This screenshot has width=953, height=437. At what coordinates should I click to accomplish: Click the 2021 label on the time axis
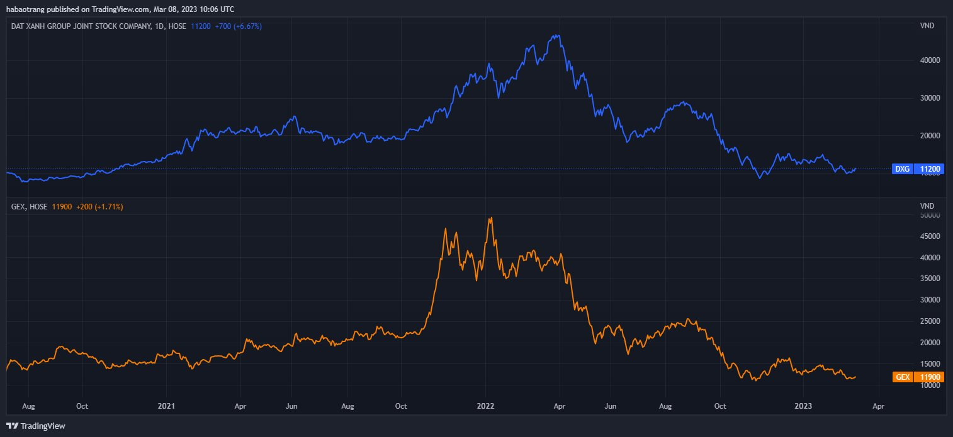(167, 406)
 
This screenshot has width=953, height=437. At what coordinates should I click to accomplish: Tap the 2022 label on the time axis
(485, 406)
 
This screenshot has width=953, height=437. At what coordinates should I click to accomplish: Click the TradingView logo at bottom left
(36, 426)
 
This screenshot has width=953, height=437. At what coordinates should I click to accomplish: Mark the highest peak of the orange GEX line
(491, 218)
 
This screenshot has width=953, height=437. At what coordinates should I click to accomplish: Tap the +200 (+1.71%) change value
(99, 206)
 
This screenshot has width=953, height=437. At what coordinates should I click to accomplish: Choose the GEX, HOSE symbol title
(30, 206)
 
